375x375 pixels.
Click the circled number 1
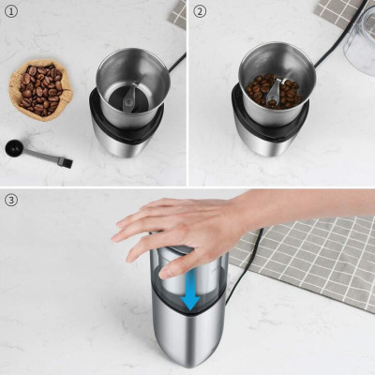10,12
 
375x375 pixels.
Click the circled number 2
199,12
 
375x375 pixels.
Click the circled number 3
10,200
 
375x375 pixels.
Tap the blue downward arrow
191,292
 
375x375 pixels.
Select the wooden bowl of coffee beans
38,88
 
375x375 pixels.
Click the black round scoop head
15,146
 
